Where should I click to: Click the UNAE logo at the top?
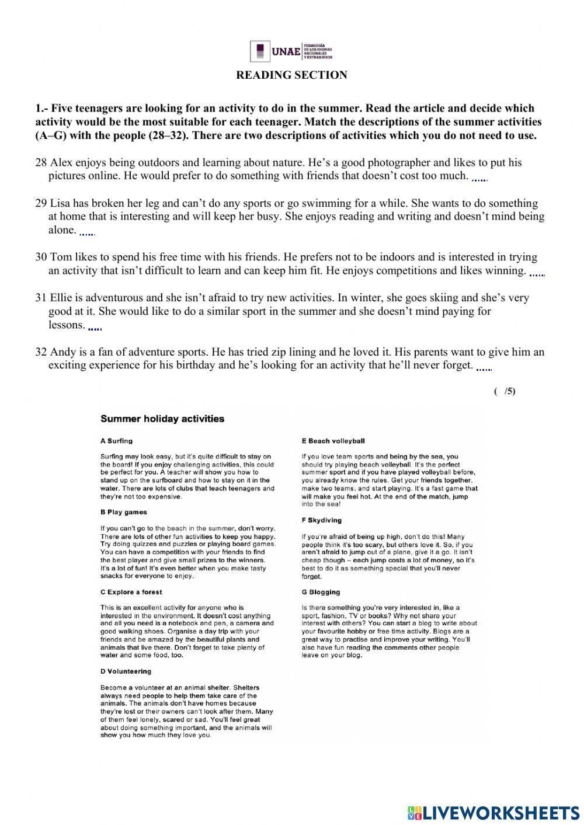click(x=291, y=51)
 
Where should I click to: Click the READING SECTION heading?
click(x=291, y=75)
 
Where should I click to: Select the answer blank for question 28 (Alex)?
click(x=479, y=177)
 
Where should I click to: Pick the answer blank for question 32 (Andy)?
click(x=484, y=367)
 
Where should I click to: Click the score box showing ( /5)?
click(x=505, y=391)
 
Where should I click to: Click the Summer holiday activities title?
click(x=162, y=419)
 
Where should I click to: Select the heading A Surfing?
click(x=116, y=441)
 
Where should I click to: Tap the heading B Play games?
click(x=123, y=512)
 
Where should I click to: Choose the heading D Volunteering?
click(x=126, y=671)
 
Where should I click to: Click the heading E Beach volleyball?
click(x=333, y=441)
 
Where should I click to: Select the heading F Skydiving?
click(x=321, y=520)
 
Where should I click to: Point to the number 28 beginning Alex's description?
click(x=41, y=162)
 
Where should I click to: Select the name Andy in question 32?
click(x=62, y=352)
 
